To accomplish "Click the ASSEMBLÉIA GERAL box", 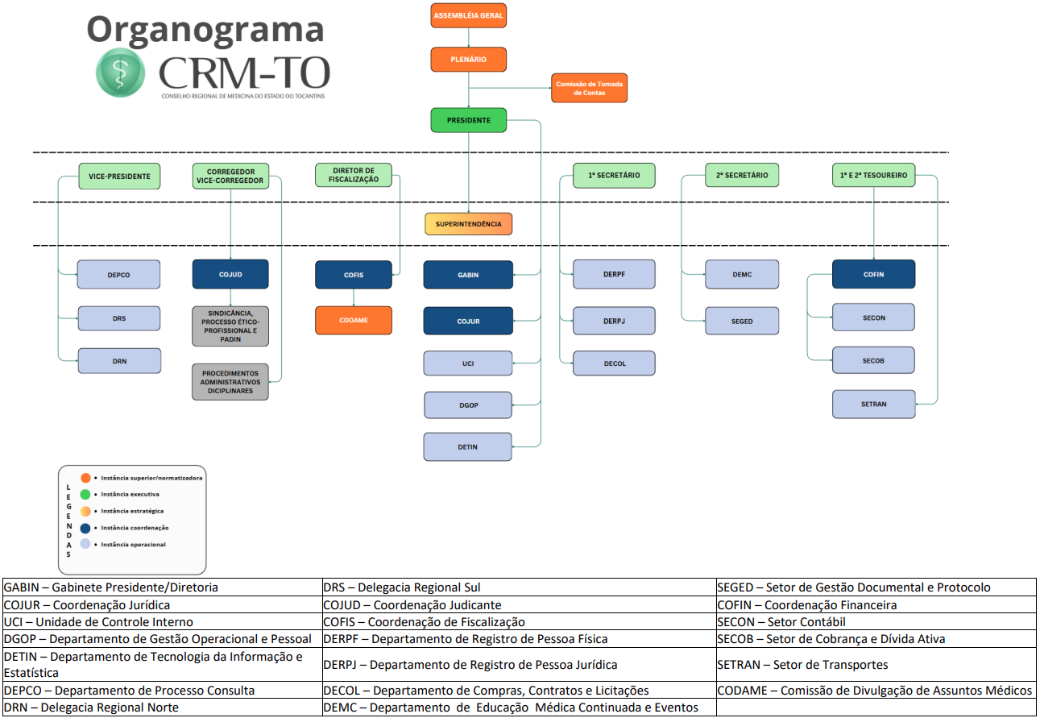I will point(469,16).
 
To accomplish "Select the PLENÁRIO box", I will point(469,60).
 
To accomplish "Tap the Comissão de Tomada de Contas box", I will point(589,88).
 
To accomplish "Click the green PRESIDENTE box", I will point(469,120).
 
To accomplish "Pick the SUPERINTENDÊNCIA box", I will point(469,223).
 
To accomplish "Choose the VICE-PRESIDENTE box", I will point(119,176).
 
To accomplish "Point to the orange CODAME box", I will point(353,320).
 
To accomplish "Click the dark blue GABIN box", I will point(468,275).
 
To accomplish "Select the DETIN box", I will point(468,446).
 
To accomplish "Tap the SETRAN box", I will point(873,404).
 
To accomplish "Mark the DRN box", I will point(119,361).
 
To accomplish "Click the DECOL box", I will point(615,363).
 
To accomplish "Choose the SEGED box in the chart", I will point(742,321).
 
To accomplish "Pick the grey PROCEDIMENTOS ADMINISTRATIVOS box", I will point(230,382).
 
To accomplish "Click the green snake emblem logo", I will point(121,72).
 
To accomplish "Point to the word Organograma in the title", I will point(205,29).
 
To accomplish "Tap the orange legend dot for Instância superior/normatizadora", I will point(85,478).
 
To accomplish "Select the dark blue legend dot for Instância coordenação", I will point(85,528).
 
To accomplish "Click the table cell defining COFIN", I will point(876,604).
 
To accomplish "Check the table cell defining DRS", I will point(519,587).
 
